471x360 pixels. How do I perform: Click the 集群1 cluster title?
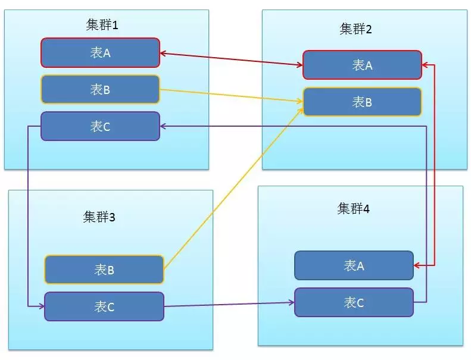click(x=102, y=24)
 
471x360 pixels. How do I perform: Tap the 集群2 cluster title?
click(x=355, y=29)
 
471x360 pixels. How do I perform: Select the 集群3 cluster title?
click(x=99, y=217)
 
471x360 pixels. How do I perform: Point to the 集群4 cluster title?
click(x=353, y=208)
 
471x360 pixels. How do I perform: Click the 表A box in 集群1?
click(x=100, y=52)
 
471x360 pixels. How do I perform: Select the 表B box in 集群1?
click(x=100, y=89)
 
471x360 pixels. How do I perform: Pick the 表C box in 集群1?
click(x=100, y=126)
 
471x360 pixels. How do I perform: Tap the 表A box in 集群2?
click(x=362, y=65)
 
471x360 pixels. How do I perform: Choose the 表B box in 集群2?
click(x=362, y=102)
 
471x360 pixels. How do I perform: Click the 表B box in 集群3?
click(x=104, y=270)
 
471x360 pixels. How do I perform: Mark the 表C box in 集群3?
click(x=104, y=306)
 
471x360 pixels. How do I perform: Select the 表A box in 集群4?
click(x=354, y=265)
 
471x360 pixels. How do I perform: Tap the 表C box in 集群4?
click(x=354, y=302)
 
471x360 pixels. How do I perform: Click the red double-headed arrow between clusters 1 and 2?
click(x=231, y=59)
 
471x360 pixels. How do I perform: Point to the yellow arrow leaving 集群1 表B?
click(x=231, y=95)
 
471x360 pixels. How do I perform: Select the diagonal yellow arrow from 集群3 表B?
click(x=234, y=188)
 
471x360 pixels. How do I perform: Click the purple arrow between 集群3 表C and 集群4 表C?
click(x=229, y=305)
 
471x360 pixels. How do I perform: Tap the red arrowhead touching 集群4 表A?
click(x=417, y=265)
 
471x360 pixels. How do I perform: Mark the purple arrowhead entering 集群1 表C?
click(x=163, y=126)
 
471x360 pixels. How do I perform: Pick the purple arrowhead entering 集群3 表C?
click(x=42, y=306)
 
